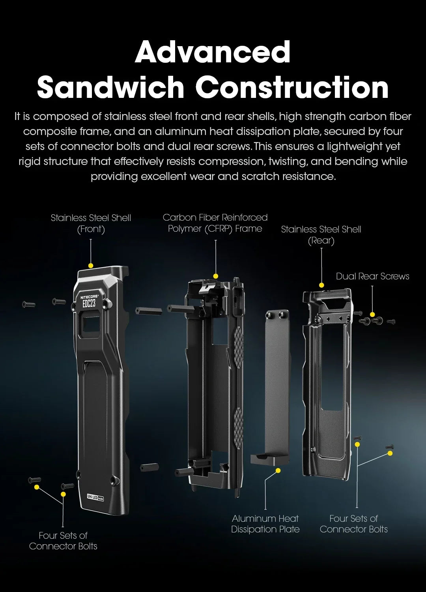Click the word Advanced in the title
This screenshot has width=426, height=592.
[x=213, y=52]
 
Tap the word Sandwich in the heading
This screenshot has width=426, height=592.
[x=110, y=88]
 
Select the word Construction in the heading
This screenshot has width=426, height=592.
[x=292, y=88]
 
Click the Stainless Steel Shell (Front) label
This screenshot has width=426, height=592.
[x=91, y=223]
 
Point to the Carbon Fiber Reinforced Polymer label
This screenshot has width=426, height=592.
[x=215, y=223]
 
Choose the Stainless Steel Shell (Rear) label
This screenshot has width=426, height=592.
[x=321, y=235]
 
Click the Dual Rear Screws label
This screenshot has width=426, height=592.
[x=372, y=276]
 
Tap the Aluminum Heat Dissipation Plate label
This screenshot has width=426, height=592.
[x=265, y=524]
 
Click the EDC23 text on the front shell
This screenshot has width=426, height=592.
[x=89, y=303]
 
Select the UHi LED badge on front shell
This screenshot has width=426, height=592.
[x=95, y=497]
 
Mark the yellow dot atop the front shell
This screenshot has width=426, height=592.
[x=91, y=266]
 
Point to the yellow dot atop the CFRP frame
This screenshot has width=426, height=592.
[x=216, y=276]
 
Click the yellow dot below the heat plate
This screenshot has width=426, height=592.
[x=278, y=470]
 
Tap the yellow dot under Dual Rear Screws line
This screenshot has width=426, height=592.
[x=372, y=315]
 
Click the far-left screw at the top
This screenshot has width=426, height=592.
[x=28, y=304]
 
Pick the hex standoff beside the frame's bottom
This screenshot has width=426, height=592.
[x=149, y=468]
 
